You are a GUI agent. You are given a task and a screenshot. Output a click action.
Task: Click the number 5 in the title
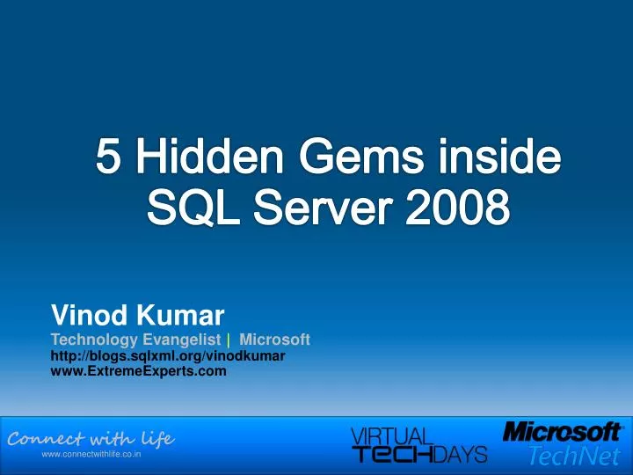108,161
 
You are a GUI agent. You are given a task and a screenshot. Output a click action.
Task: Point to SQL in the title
182,209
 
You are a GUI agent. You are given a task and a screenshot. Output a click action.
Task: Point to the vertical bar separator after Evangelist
229,340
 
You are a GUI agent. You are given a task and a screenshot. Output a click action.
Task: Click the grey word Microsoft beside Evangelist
274,340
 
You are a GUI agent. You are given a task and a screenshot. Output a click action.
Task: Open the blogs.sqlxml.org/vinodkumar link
167,356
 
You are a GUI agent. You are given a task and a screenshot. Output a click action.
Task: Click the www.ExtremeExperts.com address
139,371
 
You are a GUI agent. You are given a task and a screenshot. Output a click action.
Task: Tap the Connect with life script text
91,438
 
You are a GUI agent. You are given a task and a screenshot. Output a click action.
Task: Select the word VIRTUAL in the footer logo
392,435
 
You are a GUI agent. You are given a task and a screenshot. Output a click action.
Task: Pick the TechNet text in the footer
573,456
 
